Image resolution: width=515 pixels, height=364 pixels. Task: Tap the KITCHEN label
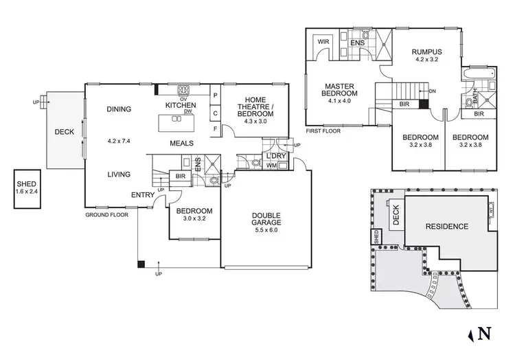181,105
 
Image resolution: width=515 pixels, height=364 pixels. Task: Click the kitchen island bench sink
177,118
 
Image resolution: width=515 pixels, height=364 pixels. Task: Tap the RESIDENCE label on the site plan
446,226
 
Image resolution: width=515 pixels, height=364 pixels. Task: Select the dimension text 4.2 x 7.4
118,141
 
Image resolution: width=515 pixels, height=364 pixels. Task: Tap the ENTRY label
141,195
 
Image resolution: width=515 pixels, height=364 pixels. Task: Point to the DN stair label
431,91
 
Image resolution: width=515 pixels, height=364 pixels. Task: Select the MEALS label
181,143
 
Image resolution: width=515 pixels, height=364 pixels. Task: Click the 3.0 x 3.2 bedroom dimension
194,220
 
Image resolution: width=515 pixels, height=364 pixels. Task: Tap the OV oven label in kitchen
184,98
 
